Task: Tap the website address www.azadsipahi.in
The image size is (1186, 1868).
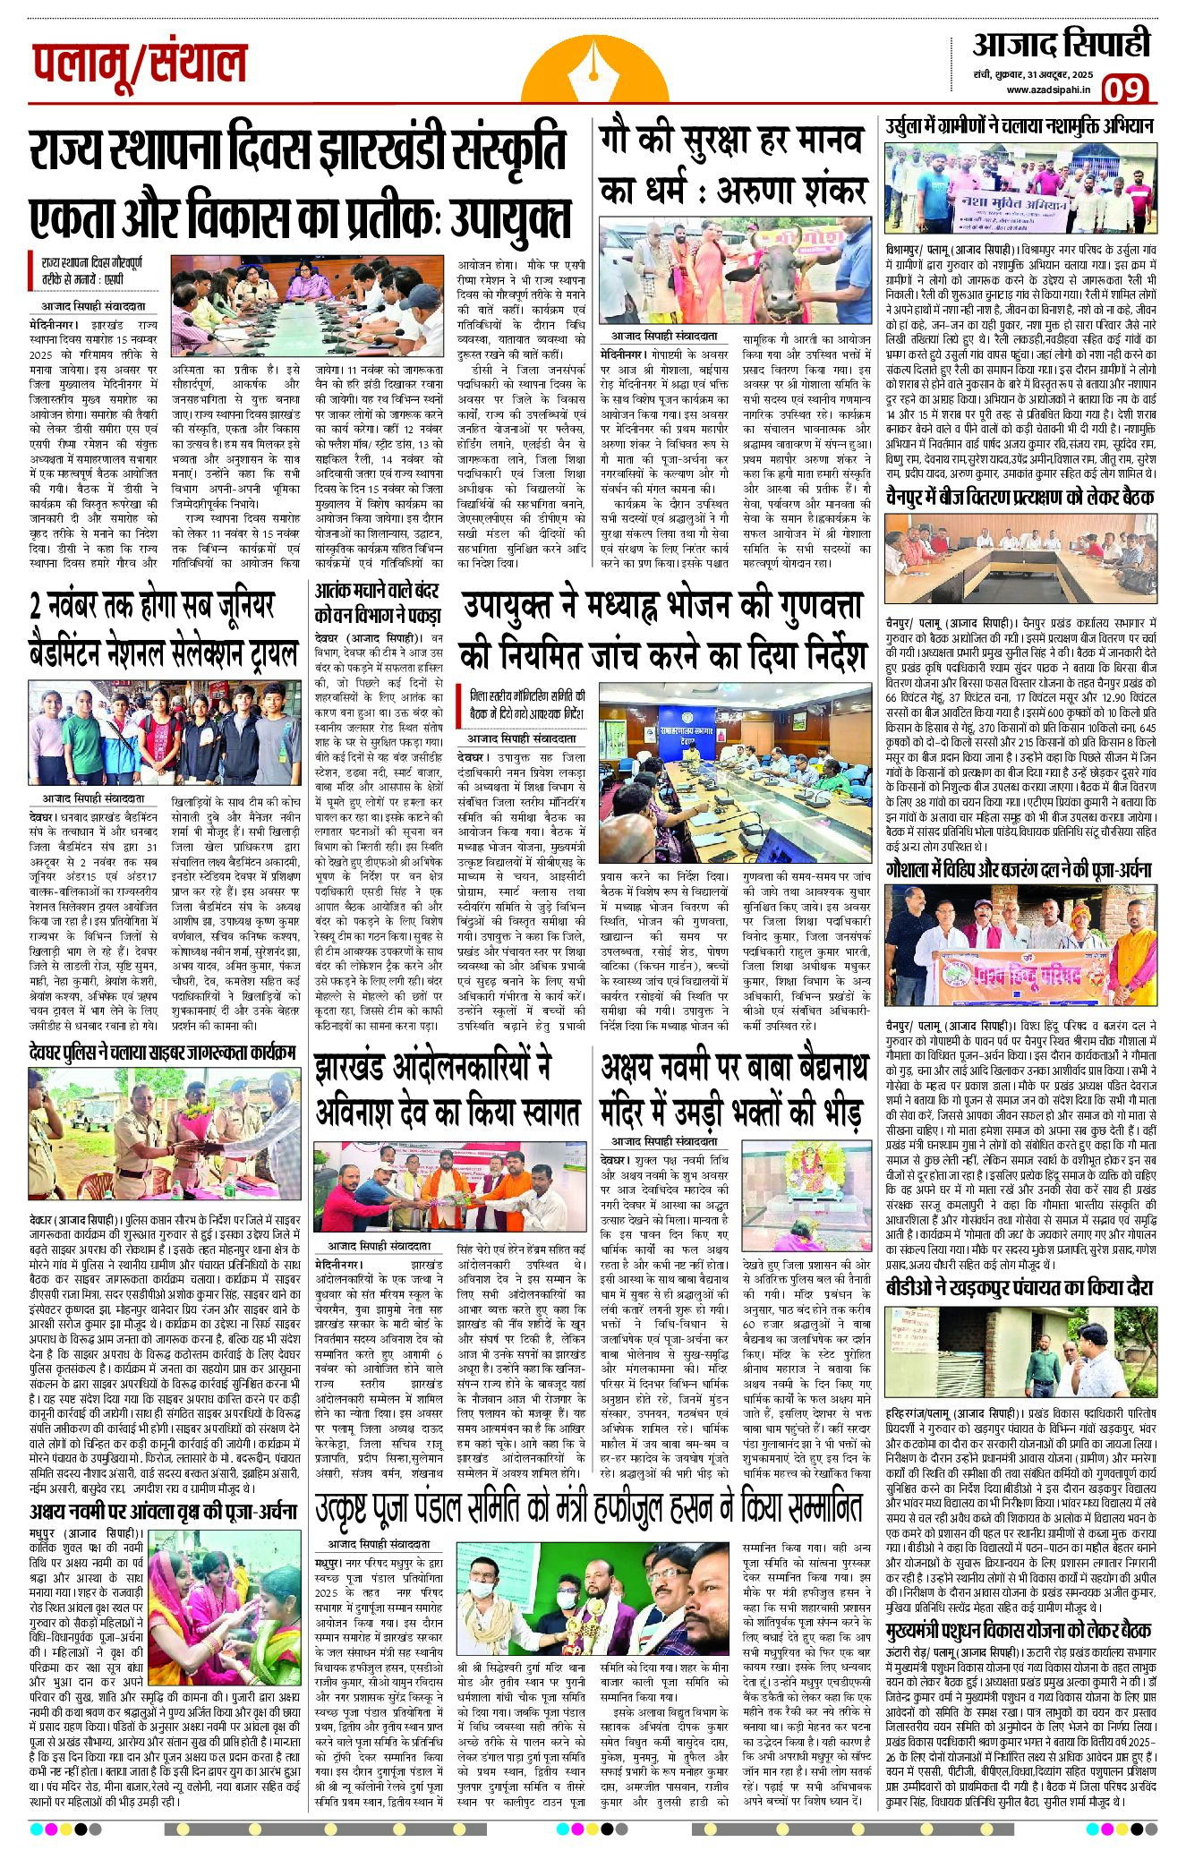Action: pyautogui.click(x=1047, y=90)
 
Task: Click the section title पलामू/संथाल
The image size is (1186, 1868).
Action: pyautogui.click(x=140, y=64)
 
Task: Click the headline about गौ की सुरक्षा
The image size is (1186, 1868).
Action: pyautogui.click(x=732, y=166)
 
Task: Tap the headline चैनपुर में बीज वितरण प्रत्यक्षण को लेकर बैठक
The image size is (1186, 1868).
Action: pyautogui.click(x=1020, y=497)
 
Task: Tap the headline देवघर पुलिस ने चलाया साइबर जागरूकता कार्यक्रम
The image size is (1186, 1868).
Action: pyautogui.click(x=162, y=1053)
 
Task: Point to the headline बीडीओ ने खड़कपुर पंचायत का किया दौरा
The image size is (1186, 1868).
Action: pyautogui.click(x=1020, y=1288)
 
